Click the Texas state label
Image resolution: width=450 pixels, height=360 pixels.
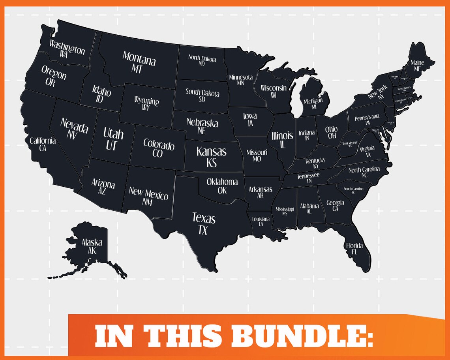pos(204,218)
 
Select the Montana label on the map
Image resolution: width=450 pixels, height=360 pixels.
pos(139,59)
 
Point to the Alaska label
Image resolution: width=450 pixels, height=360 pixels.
pos(92,242)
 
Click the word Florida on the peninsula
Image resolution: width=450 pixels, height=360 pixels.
pos(354,246)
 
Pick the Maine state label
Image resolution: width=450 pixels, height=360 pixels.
pos(417,63)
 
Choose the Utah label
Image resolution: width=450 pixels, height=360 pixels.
pos(113,134)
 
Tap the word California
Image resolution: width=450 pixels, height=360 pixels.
pos(43,141)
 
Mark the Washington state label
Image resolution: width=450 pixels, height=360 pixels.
pos(67,47)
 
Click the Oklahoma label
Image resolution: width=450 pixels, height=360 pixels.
pos(222,182)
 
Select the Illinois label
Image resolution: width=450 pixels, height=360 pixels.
pos(282,135)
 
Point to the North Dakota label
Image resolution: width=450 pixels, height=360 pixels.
pos(202,59)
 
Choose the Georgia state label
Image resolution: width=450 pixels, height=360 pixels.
pos(335,203)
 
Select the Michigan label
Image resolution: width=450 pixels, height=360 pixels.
pos(313,101)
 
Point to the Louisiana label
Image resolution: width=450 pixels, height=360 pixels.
pos(261,219)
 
